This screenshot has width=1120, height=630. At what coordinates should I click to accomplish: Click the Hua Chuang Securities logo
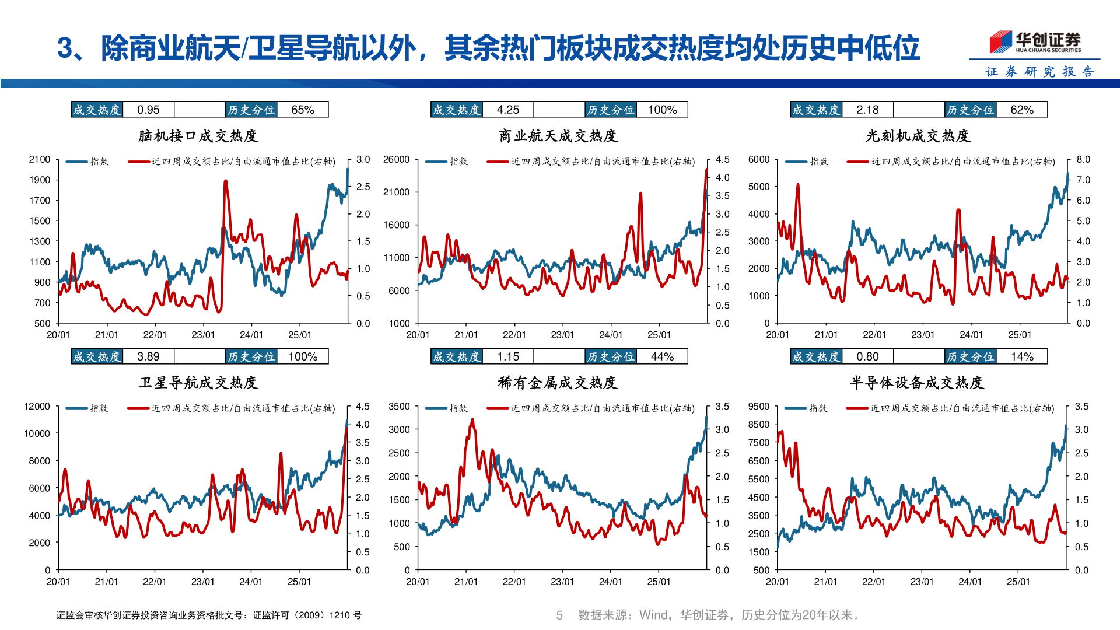pos(1035,42)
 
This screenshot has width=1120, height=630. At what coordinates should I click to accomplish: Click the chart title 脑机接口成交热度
pos(198,136)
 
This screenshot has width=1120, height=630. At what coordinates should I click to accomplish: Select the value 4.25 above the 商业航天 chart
pos(508,110)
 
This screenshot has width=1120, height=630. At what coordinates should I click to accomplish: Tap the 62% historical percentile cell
pos(1021,110)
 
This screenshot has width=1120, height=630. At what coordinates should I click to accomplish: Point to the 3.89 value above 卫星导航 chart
pos(148,356)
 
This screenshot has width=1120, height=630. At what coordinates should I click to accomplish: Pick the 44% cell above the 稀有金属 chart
pos(662,356)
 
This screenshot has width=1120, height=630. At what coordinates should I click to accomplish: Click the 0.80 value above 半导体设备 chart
pos(867,356)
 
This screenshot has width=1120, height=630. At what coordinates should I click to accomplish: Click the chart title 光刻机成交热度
pos(918,136)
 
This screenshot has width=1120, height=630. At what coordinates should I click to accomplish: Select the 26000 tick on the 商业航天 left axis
pos(396,159)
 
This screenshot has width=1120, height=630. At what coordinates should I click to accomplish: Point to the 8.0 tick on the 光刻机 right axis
pos(1083,159)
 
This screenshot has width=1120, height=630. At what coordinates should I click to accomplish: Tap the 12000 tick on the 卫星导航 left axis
pos(37,406)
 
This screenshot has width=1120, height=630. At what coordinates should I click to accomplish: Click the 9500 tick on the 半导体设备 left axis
pos(758,406)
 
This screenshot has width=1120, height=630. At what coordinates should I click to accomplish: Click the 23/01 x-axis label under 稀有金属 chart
pos(562,582)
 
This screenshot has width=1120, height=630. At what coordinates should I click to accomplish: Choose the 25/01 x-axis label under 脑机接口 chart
pos(300,335)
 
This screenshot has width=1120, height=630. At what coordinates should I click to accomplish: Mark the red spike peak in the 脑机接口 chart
pos(225,182)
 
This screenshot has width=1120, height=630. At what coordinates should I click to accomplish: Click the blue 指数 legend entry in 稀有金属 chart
pos(447,408)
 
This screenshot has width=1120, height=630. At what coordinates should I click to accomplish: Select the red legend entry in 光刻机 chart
pos(951,162)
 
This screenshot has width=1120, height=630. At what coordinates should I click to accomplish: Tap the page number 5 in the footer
pos(559,615)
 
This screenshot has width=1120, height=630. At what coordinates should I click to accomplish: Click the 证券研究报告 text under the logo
pos(1039,72)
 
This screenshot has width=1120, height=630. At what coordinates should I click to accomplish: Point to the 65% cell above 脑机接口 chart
pos(302,110)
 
